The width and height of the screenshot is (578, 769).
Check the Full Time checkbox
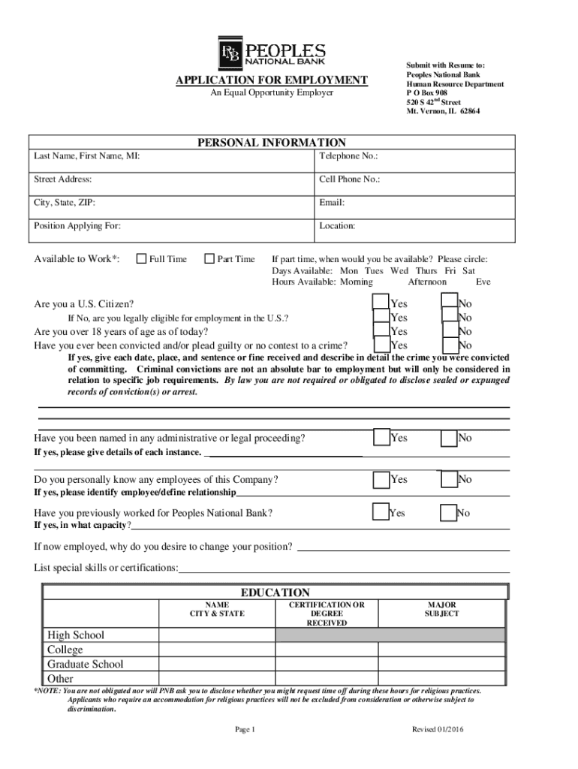pyautogui.click(x=141, y=259)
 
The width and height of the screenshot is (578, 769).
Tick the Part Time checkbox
pyautogui.click(x=209, y=259)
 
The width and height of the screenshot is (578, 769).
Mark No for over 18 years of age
pyautogui.click(x=450, y=330)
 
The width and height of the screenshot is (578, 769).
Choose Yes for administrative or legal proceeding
pyautogui.click(x=381, y=437)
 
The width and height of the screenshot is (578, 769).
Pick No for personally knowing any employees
pyautogui.click(x=450, y=478)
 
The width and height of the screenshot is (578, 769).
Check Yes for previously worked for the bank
pyautogui.click(x=381, y=512)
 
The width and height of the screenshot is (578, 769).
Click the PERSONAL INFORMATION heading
pyautogui.click(x=272, y=143)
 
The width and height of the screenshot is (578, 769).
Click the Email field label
pyautogui.click(x=332, y=203)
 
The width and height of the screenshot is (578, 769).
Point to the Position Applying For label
pyautogui.click(x=77, y=225)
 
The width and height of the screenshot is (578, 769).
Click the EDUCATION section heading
pyautogui.click(x=275, y=593)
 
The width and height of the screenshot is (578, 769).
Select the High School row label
pyautogui.click(x=76, y=635)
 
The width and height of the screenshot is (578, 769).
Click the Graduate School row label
pyautogui.click(x=86, y=664)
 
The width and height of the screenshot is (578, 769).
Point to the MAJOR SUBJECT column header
pyautogui.click(x=441, y=609)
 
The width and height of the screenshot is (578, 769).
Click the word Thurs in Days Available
pyautogui.click(x=426, y=270)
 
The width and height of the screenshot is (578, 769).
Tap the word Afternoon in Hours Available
pyautogui.click(x=427, y=282)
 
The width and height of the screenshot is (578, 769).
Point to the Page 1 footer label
pyautogui.click(x=245, y=729)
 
